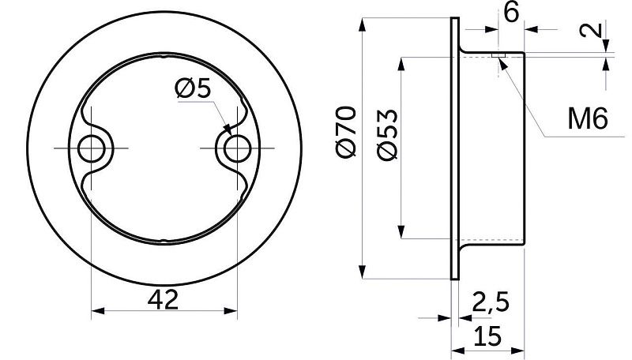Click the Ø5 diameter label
pyautogui.click(x=193, y=90)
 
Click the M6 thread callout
pyautogui.click(x=586, y=119)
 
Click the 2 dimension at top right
pyautogui.click(x=598, y=32)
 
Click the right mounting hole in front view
pyautogui.click(x=234, y=148)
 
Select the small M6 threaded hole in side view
pyautogui.click(x=500, y=56)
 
